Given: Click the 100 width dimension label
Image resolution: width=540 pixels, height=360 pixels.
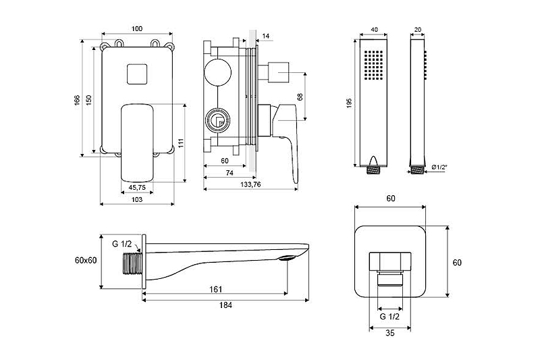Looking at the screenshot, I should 137,28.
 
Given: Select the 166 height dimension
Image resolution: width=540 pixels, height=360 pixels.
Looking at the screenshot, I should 78,100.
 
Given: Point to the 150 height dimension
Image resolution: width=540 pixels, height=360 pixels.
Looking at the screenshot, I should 88,100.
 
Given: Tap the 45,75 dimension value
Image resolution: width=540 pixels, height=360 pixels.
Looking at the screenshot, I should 137,187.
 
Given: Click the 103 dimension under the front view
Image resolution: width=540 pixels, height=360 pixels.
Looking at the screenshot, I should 137,200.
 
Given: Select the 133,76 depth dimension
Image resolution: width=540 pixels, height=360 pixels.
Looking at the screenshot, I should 251,186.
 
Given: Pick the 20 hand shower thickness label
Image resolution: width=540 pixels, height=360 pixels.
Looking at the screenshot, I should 418,29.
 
